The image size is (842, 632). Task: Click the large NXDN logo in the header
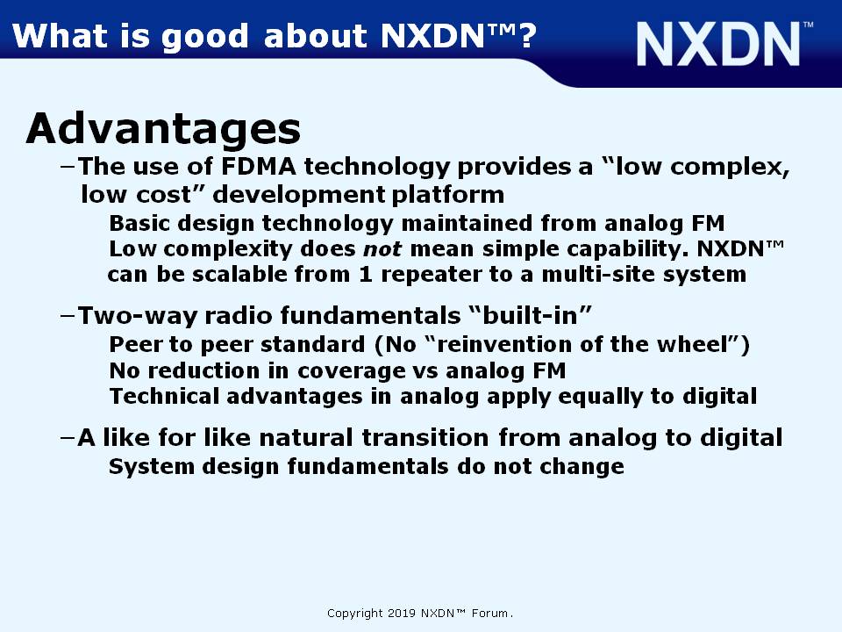point(718,44)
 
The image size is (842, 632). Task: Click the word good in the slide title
point(204,38)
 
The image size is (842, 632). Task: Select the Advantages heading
point(163,129)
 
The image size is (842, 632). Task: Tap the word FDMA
point(258,166)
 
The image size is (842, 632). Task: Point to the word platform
point(448,195)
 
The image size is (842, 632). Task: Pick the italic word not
point(382,248)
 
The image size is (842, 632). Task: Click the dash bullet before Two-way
point(68,315)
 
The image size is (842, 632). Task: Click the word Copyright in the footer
point(355,614)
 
